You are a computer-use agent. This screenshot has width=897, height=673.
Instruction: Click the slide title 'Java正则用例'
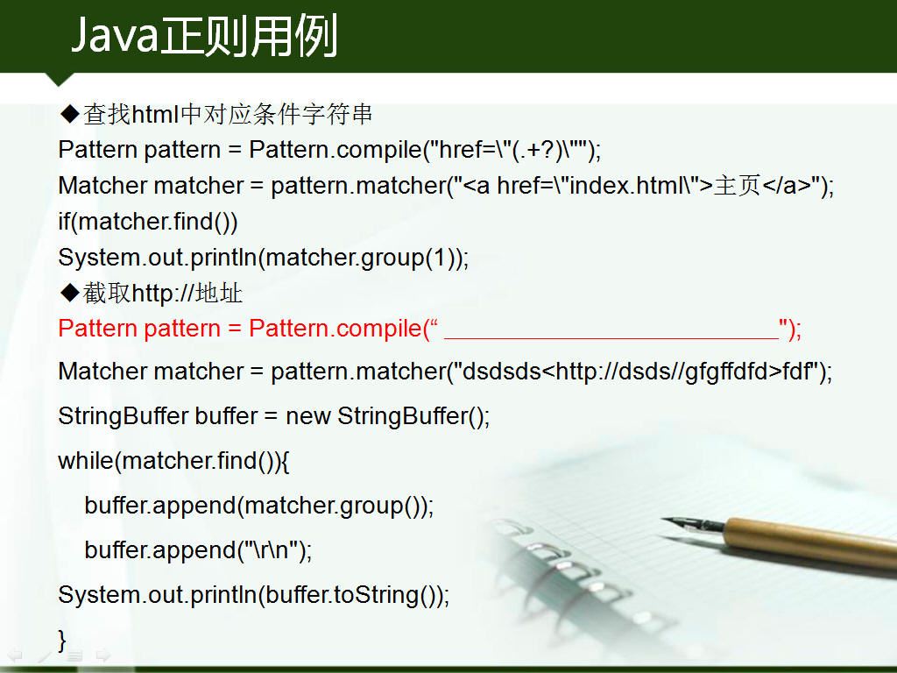pos(204,36)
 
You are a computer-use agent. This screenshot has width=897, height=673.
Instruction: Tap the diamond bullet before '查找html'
pos(70,113)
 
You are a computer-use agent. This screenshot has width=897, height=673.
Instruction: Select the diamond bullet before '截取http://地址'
pos(70,293)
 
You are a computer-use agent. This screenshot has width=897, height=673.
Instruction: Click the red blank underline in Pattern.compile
pos(611,339)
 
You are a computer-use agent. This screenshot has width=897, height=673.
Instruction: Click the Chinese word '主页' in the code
pos(737,185)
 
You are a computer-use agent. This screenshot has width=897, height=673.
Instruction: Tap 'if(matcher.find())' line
pos(147,222)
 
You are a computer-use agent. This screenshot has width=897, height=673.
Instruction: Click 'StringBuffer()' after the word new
pos(410,416)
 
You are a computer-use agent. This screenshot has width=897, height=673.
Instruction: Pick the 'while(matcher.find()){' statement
pos(174,461)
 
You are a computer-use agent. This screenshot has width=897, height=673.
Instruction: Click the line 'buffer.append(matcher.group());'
pos(259,506)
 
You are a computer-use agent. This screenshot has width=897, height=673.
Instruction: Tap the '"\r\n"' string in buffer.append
pos(271,550)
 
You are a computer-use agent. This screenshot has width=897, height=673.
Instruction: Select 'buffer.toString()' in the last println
pos(350,595)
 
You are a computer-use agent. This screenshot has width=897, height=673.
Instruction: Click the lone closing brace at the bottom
pos(62,639)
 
